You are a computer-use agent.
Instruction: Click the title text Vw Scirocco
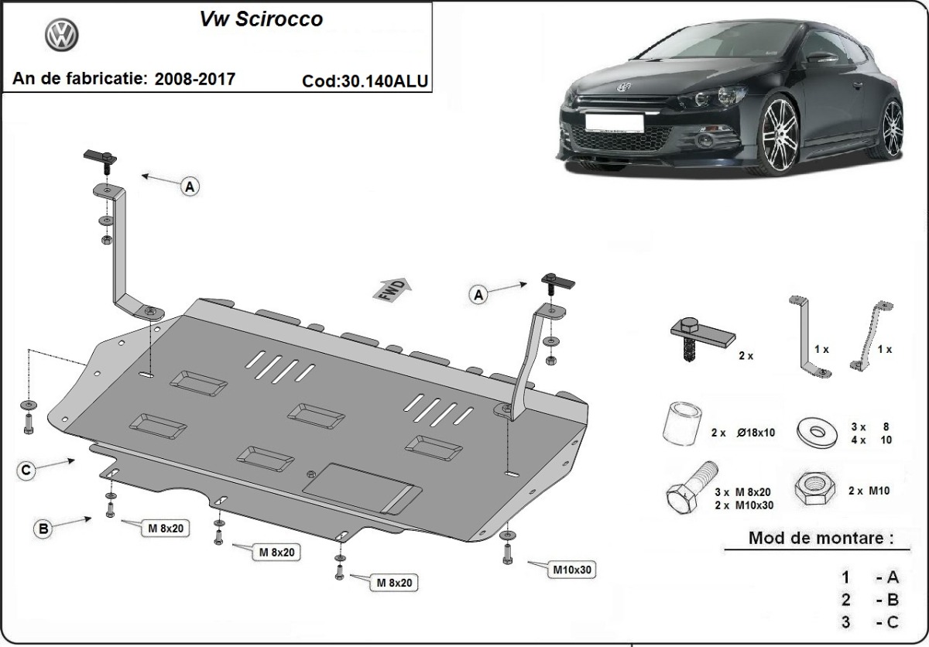click(262, 19)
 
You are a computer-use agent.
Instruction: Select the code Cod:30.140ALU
click(366, 80)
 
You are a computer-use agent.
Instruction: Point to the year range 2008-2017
click(195, 79)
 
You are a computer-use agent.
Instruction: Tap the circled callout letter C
click(26, 470)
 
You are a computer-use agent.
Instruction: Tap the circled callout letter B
click(43, 529)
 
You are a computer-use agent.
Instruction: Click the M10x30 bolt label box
click(572, 570)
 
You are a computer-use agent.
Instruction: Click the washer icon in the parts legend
click(815, 430)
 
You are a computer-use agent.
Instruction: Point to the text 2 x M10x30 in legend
click(743, 505)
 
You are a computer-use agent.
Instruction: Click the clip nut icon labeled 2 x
click(700, 334)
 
